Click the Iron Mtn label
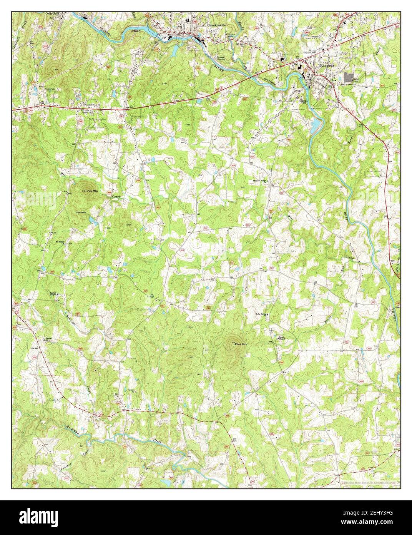pos(81,212)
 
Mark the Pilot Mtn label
pos(239,344)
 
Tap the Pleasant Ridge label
pos(260,181)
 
